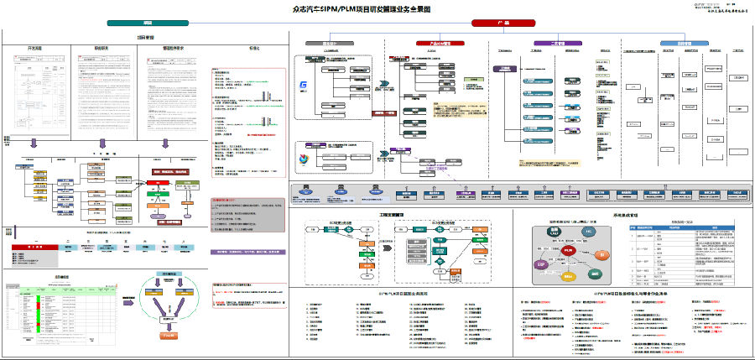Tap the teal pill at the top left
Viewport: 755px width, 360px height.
(x=148, y=23)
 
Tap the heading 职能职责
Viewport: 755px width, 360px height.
(x=103, y=50)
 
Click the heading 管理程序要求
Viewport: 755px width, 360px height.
(x=171, y=50)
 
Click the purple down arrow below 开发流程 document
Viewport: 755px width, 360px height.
(x=34, y=143)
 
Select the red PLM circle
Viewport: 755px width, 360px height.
(x=569, y=251)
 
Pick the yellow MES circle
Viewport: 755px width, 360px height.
(x=569, y=276)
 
